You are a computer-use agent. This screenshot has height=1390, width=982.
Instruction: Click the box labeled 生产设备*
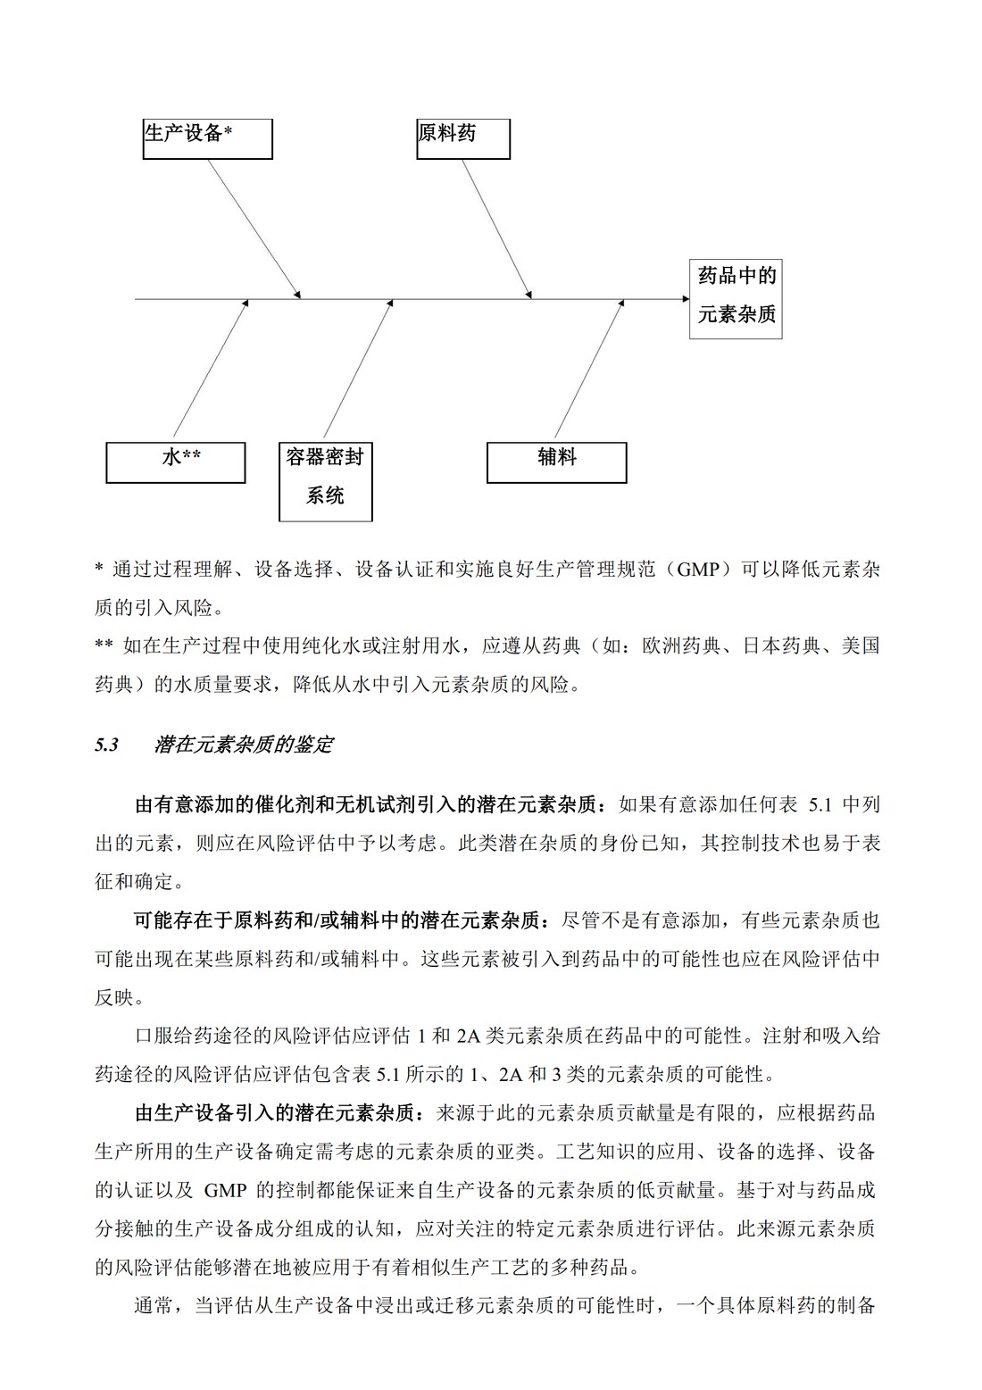(x=207, y=138)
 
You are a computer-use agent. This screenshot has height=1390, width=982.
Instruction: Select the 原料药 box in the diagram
(x=462, y=138)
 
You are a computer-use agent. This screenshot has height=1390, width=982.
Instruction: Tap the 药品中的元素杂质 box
(x=736, y=299)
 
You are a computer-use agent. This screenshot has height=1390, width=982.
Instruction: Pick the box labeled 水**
(x=175, y=462)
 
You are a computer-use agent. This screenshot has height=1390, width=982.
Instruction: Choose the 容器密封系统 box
(x=325, y=481)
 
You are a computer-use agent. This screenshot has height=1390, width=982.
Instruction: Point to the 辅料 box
(x=556, y=462)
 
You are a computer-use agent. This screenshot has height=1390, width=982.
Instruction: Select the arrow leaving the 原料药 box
(x=497, y=227)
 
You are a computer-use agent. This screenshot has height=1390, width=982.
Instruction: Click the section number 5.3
(x=106, y=745)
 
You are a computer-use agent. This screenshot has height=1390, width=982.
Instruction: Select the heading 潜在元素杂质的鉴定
(x=243, y=745)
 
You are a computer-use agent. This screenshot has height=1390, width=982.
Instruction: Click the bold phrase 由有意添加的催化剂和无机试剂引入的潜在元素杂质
(x=365, y=804)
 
